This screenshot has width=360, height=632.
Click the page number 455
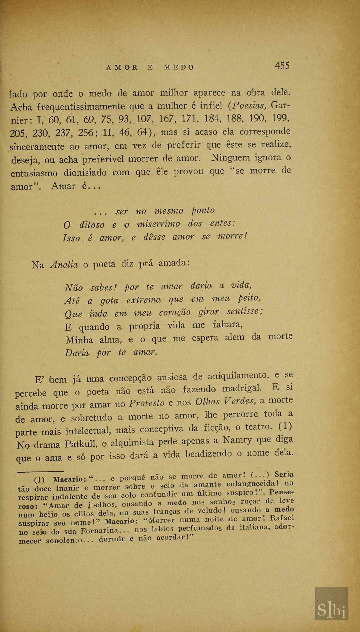[x=282, y=66]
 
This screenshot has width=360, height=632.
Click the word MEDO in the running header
[x=179, y=67]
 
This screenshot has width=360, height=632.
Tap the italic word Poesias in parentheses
[x=249, y=106]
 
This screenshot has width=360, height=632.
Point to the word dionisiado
[x=85, y=172]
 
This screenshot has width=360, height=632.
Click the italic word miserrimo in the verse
[x=159, y=224]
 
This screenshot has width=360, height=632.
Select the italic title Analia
[x=64, y=265]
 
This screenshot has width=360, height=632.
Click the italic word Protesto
[x=147, y=403]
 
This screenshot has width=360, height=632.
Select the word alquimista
[x=132, y=443]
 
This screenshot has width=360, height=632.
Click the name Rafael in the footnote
[x=282, y=518]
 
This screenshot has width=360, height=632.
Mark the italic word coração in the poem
[x=175, y=313]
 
